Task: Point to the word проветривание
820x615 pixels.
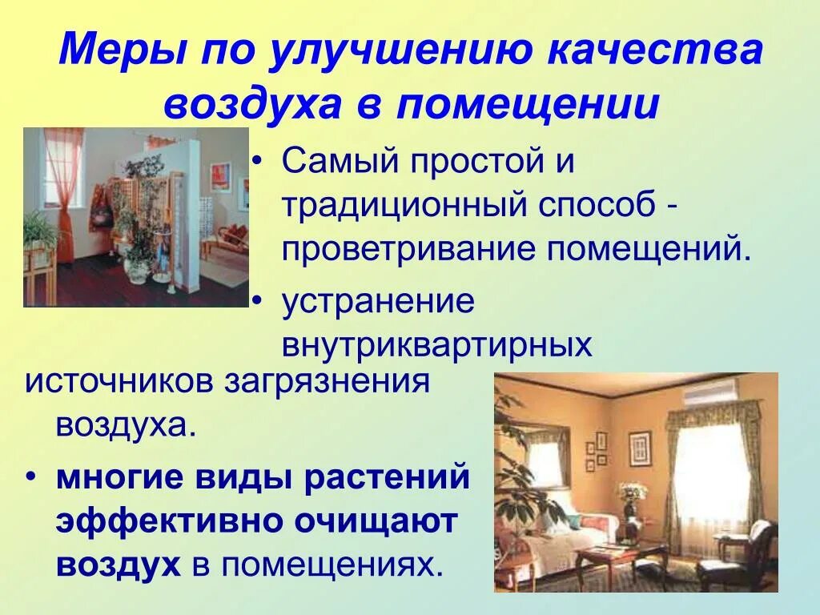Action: coord(408,249)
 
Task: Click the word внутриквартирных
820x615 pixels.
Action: coord(436,346)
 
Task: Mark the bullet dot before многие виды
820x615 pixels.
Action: coord(31,478)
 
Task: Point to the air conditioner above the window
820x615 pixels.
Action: coord(709,390)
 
